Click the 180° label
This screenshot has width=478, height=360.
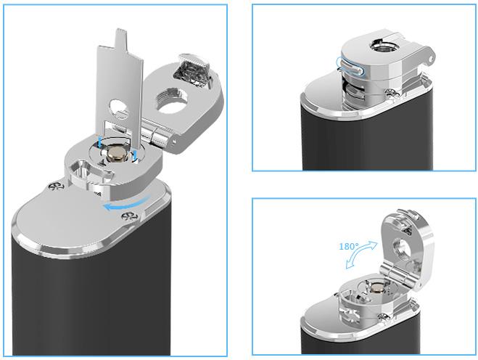(349, 245)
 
